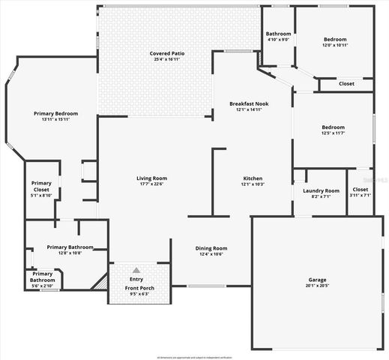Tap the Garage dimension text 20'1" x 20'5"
point(318,285)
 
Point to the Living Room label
point(151,178)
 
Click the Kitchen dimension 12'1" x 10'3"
point(253,184)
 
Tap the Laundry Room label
point(321,190)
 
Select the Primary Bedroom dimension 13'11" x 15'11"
point(56,118)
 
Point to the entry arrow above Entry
point(136,270)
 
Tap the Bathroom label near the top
point(278,34)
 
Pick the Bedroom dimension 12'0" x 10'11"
point(335,45)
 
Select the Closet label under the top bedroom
point(346,83)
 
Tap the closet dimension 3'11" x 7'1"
point(361,196)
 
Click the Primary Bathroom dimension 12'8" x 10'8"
point(70,253)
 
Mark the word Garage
point(318,279)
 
